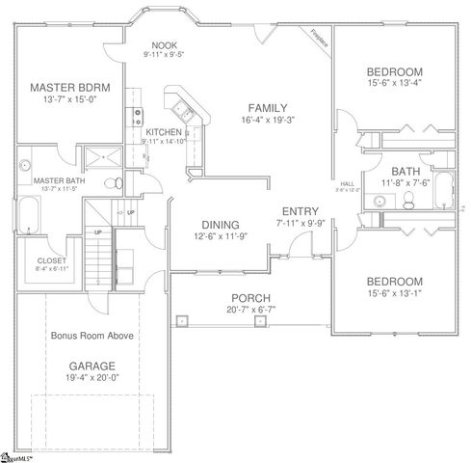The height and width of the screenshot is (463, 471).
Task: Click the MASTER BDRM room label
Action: tap(68, 86)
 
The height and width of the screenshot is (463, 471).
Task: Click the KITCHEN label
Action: tap(164, 131)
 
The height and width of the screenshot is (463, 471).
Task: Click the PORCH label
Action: tap(249, 297)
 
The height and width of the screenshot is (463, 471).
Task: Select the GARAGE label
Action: tap(92, 366)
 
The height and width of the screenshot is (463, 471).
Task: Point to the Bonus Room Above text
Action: tap(92, 336)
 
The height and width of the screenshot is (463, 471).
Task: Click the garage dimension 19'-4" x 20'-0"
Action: tap(92, 378)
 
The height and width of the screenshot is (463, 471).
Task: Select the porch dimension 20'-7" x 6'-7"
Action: tap(249, 309)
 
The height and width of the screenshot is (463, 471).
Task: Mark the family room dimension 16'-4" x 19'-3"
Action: tap(268, 120)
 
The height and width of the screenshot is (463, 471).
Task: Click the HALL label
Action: tap(348, 183)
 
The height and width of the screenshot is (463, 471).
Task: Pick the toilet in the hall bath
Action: tap(407, 200)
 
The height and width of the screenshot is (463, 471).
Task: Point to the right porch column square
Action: tap(258, 322)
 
